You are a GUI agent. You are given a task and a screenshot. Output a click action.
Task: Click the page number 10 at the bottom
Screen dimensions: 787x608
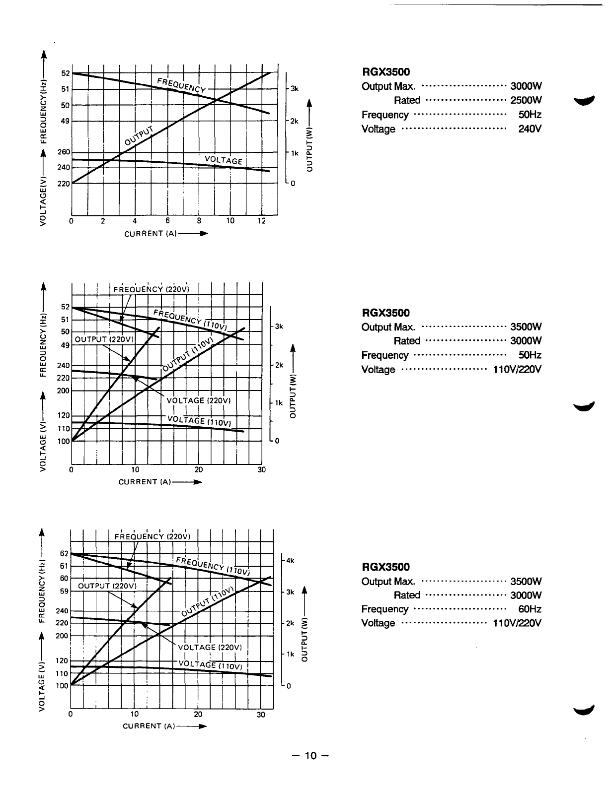[x=310, y=756]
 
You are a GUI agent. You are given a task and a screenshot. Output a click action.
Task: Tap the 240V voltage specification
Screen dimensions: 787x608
[x=530, y=129]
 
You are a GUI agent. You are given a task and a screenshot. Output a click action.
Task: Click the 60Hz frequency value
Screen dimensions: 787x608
[x=530, y=609]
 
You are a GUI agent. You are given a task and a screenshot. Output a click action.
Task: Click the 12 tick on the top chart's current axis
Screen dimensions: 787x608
[x=262, y=221]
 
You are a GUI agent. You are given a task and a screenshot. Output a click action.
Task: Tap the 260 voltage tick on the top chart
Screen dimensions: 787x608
[x=64, y=152]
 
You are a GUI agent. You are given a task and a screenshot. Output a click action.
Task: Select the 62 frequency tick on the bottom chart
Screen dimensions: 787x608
[x=64, y=553]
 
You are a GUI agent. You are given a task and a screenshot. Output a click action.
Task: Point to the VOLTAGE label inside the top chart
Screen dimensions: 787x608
[x=223, y=160]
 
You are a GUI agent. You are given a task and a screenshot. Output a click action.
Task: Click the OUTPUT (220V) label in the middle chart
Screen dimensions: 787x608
[x=104, y=339]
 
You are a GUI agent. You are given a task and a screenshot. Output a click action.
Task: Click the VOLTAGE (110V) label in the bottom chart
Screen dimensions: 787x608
[x=209, y=664]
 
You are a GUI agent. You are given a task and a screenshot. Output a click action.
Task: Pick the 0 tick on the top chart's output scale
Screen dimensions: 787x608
[x=293, y=184]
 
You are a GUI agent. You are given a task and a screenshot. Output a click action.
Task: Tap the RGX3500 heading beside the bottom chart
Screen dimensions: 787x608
[x=386, y=567]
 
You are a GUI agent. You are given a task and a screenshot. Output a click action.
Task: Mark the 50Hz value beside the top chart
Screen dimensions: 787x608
[x=530, y=115]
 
